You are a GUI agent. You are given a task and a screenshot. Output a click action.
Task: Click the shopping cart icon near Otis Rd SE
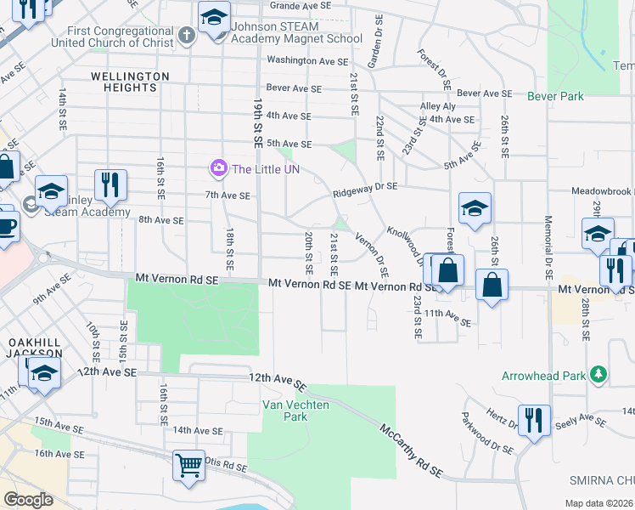pos(188,466)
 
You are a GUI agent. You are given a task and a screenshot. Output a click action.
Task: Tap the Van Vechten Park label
pos(284,411)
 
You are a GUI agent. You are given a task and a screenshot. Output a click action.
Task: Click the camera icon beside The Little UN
pos(219,168)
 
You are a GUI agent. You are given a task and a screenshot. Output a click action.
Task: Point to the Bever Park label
pos(555,97)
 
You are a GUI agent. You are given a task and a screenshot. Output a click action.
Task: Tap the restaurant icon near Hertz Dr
pos(534,420)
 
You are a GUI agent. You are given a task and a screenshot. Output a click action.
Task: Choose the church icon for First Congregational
pos(188,36)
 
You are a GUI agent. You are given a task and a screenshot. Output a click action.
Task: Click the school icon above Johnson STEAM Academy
pos(214,15)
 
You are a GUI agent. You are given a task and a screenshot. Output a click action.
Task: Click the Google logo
pos(28,499)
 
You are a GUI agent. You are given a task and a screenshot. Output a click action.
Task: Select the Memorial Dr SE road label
pos(548,246)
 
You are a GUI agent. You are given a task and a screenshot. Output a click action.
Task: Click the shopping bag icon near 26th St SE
pos(492,285)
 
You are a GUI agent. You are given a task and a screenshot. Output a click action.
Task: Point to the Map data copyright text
pos(598,503)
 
